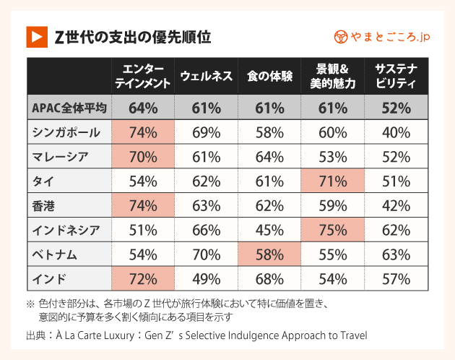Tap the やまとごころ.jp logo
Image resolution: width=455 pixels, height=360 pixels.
pos(382,36)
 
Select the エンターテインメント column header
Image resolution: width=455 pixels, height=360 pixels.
pos(143,76)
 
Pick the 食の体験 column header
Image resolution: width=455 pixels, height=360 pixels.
pos(269,76)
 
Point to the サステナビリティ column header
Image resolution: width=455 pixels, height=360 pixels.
pos(394,76)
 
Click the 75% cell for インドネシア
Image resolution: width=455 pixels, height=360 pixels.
pos(331,231)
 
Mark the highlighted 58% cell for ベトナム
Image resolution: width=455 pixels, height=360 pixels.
pos(269,254)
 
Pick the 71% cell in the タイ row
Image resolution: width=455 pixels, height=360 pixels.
pos(331,181)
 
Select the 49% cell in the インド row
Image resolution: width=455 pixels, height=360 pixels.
pos(206,279)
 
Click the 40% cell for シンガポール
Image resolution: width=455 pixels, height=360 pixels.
pos(394,132)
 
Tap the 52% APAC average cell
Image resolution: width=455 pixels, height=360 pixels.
pos(394,108)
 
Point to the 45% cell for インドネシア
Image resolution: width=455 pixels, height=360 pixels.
pos(269,231)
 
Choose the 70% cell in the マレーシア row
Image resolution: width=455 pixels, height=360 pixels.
pos(143,157)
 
